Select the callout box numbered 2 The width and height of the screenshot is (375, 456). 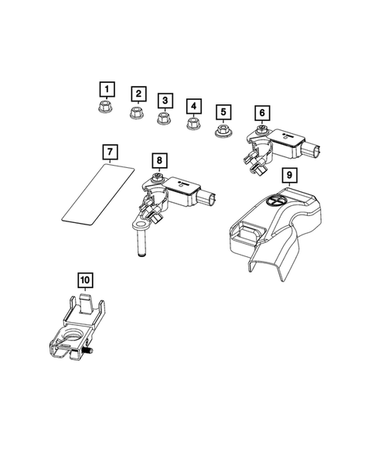(x=138, y=94)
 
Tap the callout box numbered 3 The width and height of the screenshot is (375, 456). (x=164, y=100)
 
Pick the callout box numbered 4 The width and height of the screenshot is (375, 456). (x=193, y=106)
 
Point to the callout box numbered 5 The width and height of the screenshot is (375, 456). (x=223, y=112)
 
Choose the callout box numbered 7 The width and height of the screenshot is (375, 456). (x=111, y=150)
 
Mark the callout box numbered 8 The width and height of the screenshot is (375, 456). (x=158, y=160)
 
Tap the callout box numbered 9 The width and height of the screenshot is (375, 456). (x=288, y=176)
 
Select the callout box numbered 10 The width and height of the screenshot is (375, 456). (x=84, y=278)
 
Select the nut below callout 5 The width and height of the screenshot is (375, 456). (x=223, y=131)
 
